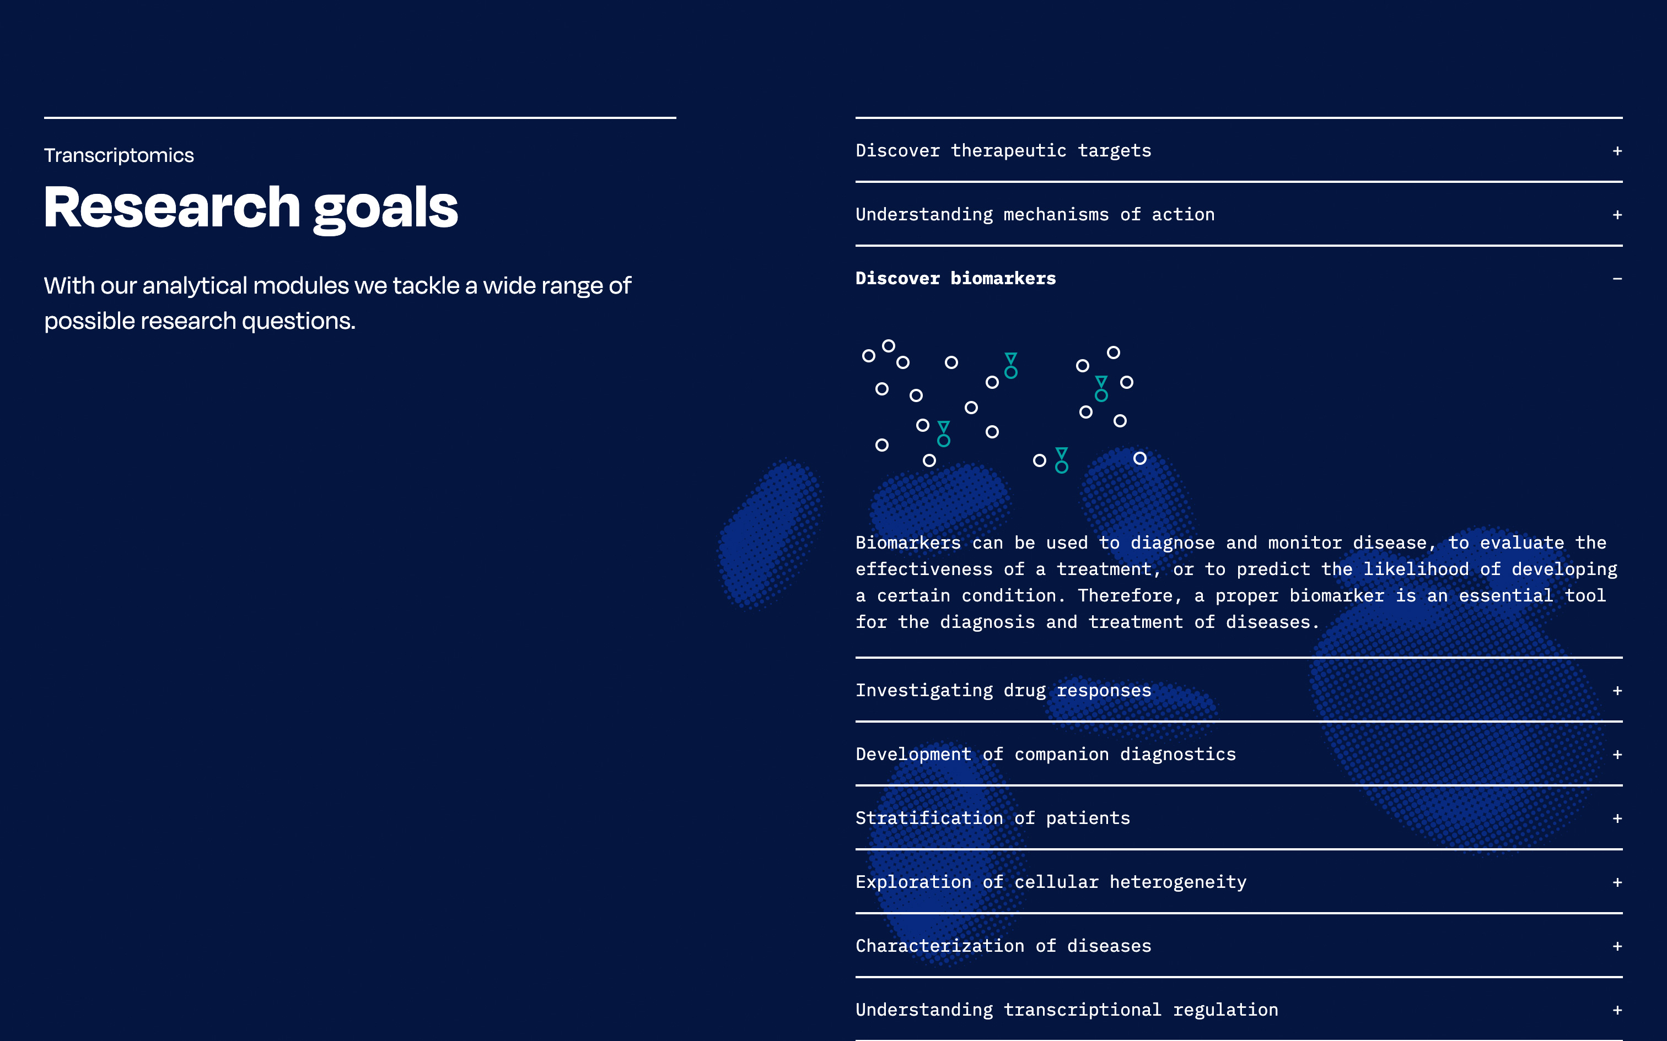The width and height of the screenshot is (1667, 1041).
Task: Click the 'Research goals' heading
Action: pos(251,208)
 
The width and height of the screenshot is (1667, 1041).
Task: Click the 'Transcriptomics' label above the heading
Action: pos(119,155)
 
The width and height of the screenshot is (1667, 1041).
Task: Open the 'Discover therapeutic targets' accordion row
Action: pos(1003,151)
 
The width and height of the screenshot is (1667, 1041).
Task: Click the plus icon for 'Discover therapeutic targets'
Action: pos(1617,151)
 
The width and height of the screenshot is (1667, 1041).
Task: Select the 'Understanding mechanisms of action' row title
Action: pos(1035,215)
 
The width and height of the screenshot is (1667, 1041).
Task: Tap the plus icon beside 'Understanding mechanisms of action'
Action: pos(1617,215)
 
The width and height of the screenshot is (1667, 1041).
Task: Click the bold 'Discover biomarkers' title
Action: pos(955,278)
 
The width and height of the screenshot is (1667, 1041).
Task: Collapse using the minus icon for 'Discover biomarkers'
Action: pos(1617,279)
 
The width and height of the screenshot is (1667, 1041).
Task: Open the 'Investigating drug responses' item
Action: pos(1003,691)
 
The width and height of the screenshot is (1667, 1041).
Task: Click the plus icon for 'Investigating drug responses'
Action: pos(1617,691)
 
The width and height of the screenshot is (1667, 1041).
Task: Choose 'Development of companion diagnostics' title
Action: pos(1046,755)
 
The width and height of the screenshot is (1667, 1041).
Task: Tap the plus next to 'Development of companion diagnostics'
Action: pos(1617,755)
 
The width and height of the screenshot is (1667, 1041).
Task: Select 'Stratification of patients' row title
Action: pos(993,818)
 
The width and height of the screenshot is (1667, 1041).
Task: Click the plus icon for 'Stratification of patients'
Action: pos(1617,818)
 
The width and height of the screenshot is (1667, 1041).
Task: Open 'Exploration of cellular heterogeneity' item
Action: pos(1051,882)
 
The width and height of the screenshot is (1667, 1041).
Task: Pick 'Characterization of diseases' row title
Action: pos(1003,946)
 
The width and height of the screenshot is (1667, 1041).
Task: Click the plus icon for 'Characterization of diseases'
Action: pos(1617,947)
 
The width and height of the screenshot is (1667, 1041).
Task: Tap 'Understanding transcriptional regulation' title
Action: pos(1066,1010)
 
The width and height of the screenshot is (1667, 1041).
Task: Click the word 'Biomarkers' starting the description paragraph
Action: pos(908,543)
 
